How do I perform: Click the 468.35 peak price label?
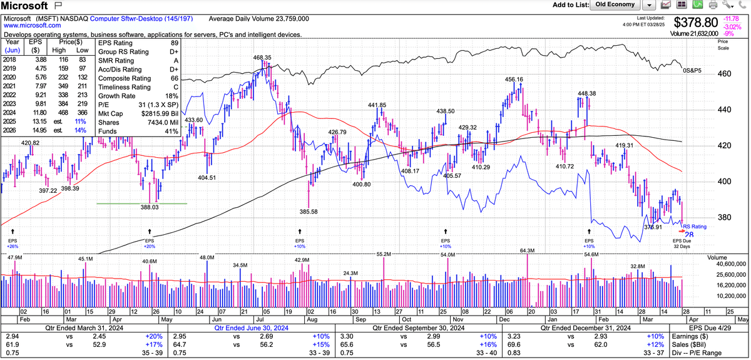tap(262, 58)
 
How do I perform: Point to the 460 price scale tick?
tap(724, 74)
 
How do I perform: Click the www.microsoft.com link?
tap(33, 26)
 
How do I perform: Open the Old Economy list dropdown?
tap(649, 5)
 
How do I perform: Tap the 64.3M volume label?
tap(528, 251)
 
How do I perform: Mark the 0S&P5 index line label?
tap(692, 70)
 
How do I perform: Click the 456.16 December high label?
tap(514, 80)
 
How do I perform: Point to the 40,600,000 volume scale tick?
tap(727, 265)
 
